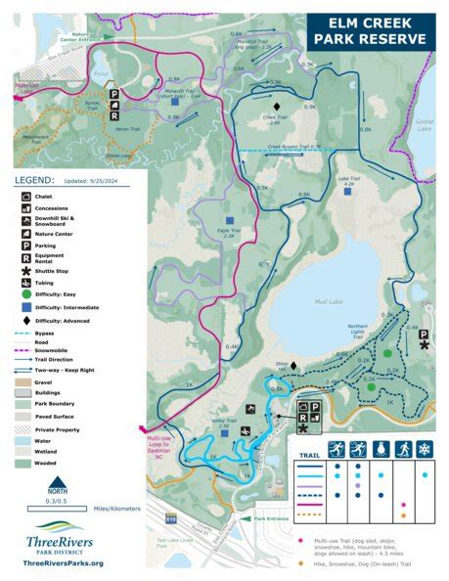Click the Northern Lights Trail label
pos(359,331)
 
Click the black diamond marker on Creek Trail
pos(277,105)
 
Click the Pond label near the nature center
pos(101,74)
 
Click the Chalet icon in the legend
pos(22,197)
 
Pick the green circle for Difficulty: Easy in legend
pos(22,292)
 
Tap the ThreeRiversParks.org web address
pos(60,562)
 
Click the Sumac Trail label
pos(94,103)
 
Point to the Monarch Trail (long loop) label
pos(251,43)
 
